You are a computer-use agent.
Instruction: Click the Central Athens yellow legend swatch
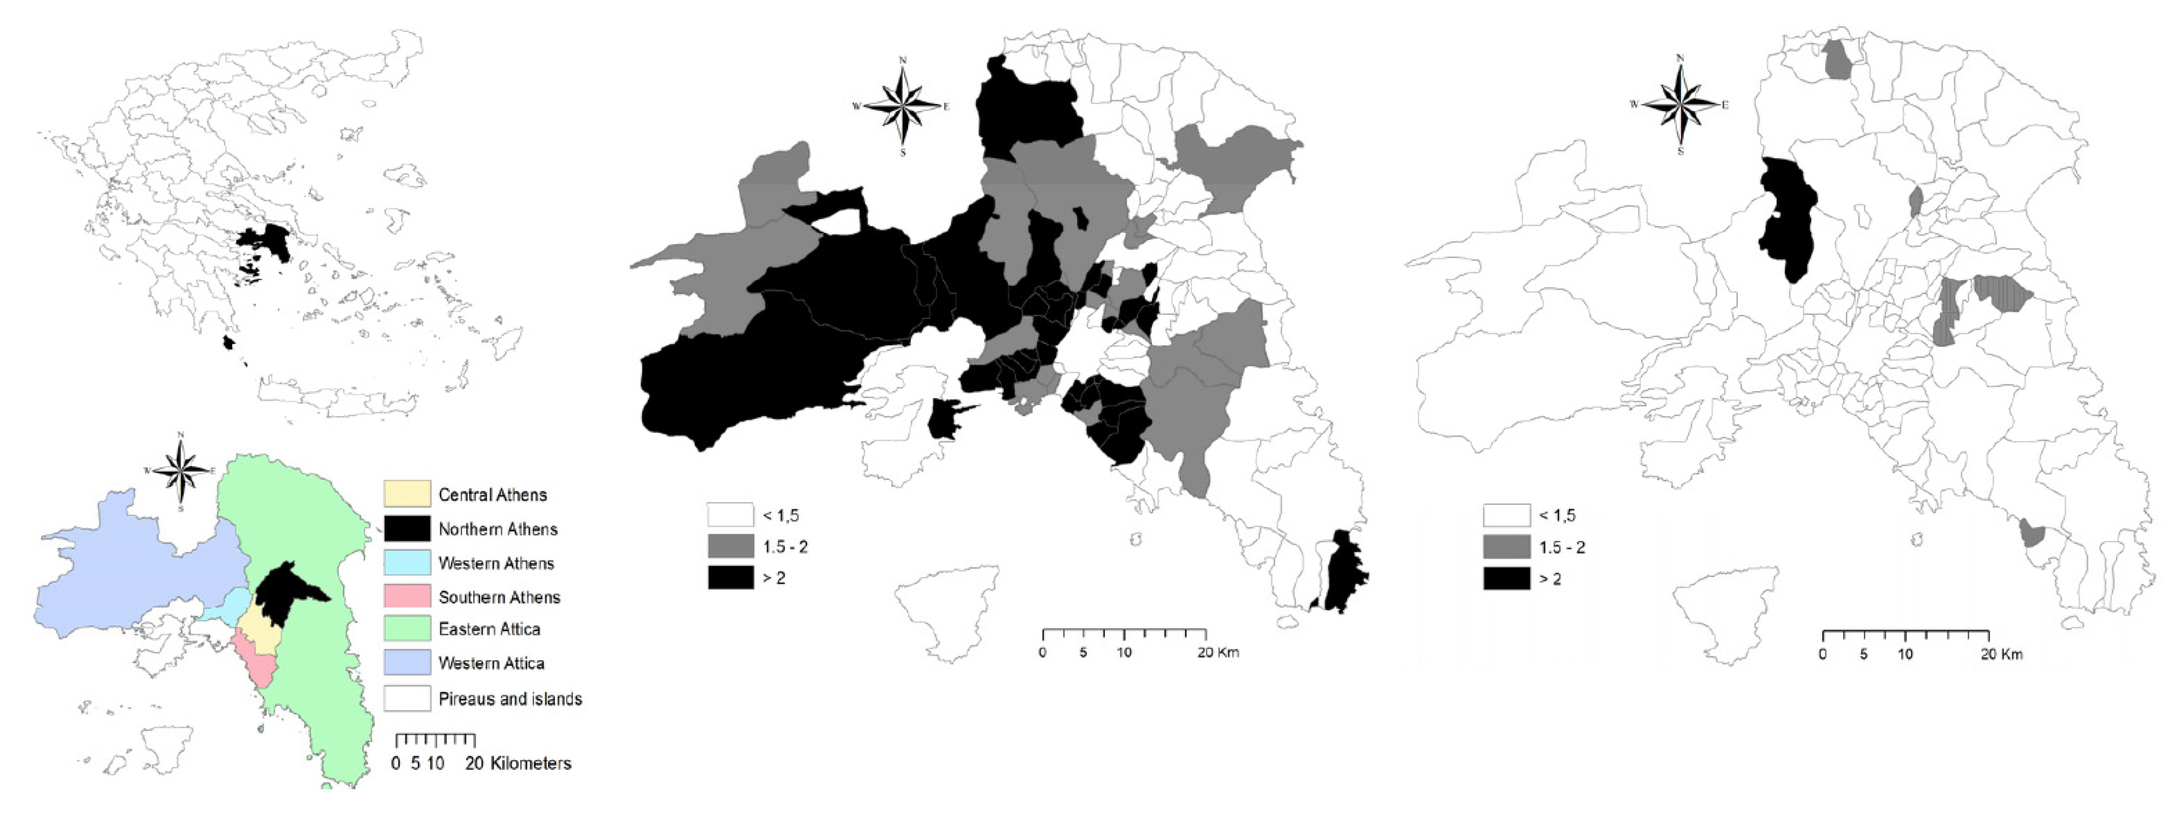click(x=407, y=494)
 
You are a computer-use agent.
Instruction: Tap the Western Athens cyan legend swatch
click(x=407, y=563)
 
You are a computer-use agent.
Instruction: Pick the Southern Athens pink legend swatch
click(x=407, y=596)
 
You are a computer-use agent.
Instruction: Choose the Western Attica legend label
click(x=491, y=663)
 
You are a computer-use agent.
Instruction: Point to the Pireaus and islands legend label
click(x=510, y=699)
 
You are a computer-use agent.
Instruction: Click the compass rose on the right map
click(x=1680, y=105)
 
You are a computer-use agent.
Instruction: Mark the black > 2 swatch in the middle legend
click(x=730, y=578)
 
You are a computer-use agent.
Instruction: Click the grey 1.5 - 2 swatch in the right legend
click(x=1506, y=547)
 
